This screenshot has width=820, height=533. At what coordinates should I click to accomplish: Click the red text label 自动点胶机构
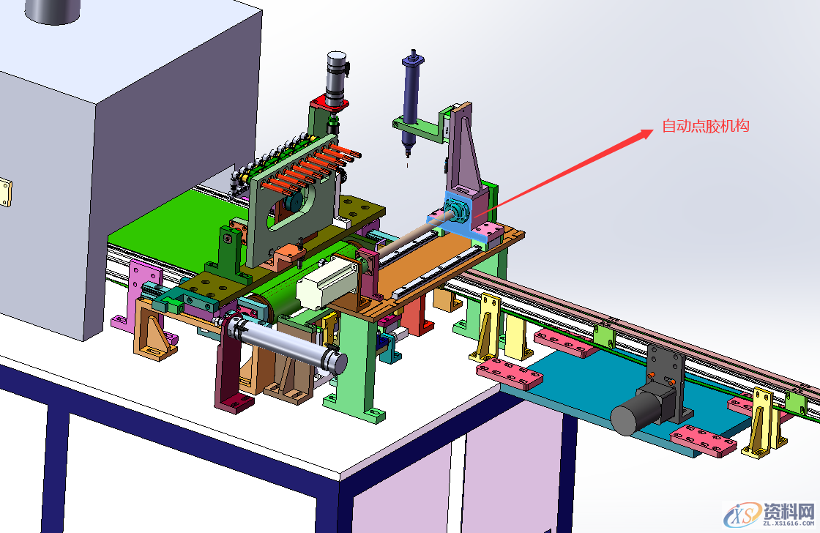tap(706, 126)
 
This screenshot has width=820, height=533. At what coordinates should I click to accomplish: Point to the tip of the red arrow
tap(654, 129)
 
